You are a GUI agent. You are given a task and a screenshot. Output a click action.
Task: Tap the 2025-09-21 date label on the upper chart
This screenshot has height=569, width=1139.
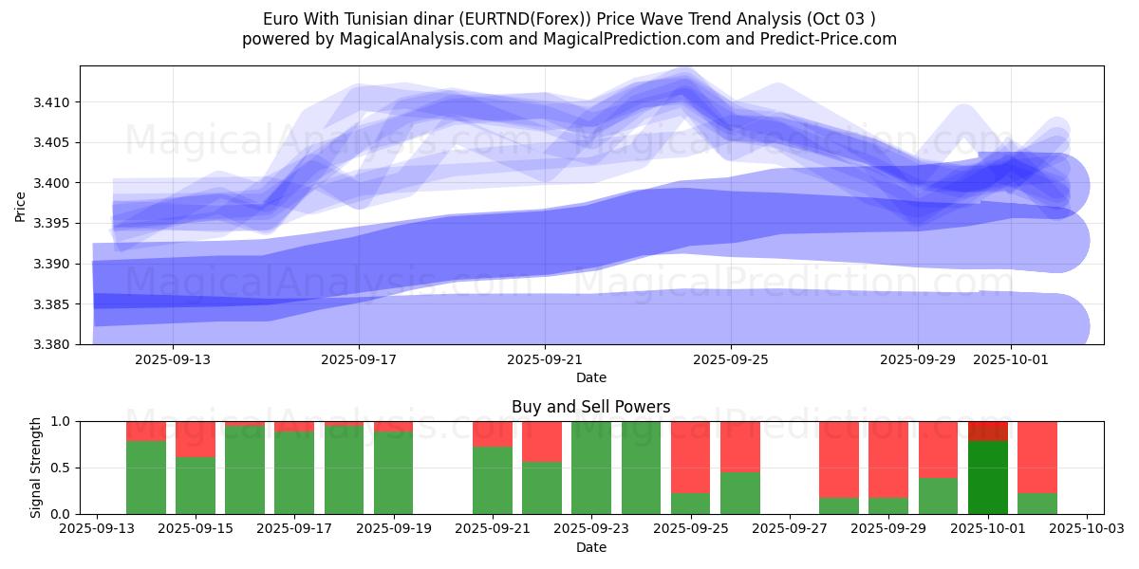545,359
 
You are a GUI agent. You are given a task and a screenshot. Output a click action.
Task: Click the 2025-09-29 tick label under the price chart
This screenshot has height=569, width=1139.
918,359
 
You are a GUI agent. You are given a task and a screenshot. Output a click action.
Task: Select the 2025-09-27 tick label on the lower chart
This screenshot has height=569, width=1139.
791,529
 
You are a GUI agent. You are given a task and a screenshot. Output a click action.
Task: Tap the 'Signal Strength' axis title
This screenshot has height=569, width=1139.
36,468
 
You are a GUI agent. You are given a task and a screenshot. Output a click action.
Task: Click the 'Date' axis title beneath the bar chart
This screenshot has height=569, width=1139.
590,547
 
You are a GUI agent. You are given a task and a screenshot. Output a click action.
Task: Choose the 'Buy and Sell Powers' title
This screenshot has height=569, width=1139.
590,407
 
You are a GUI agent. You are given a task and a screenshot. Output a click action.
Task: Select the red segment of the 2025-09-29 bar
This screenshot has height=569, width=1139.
888,459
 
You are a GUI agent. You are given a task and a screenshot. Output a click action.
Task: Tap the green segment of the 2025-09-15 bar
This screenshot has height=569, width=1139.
196,486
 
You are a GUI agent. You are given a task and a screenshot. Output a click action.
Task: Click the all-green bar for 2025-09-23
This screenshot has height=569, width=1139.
591,468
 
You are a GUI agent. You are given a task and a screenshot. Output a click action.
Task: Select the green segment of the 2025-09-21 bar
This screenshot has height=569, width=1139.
492,480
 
